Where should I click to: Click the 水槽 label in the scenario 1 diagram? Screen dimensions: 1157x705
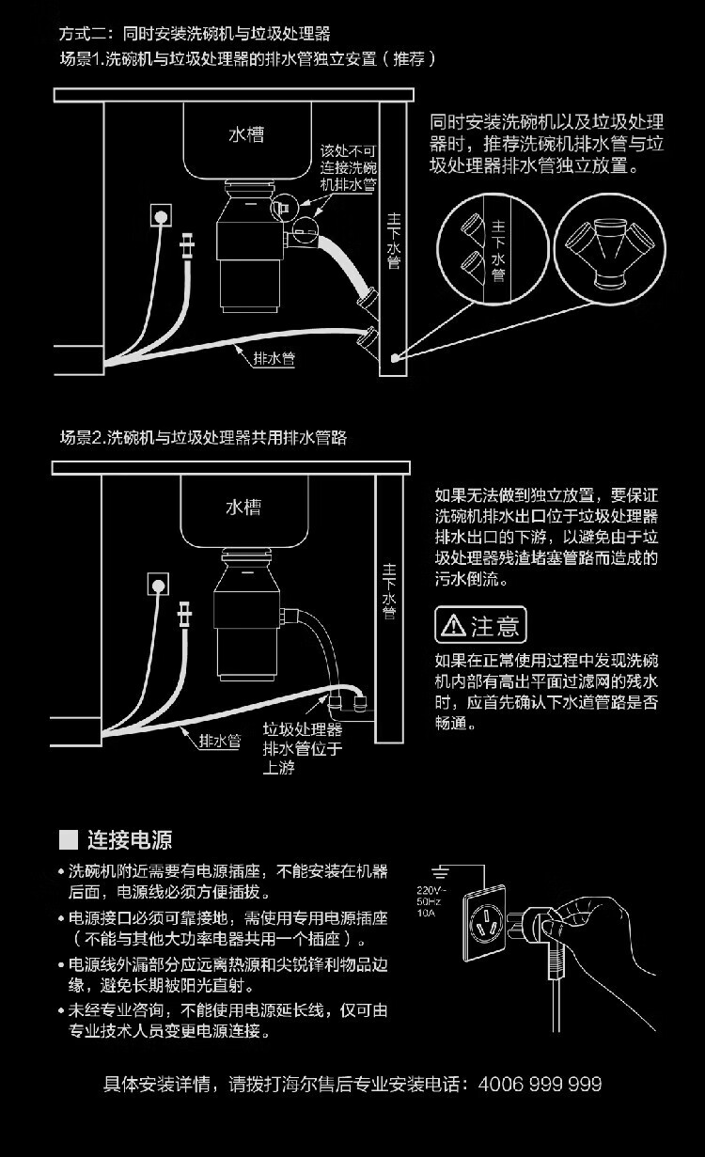[246, 134]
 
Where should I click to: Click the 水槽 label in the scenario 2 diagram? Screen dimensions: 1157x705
[243, 508]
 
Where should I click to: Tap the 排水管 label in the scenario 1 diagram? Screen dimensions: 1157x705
[272, 358]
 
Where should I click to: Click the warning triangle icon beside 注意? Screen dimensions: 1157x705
[453, 624]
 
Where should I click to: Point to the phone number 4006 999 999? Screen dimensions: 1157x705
[540, 1084]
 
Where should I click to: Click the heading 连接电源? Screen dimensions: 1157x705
[130, 839]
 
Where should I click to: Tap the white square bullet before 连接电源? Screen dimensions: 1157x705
[67, 839]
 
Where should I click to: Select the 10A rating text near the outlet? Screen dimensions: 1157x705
[426, 912]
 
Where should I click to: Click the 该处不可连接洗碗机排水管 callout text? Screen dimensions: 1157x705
[348, 167]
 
